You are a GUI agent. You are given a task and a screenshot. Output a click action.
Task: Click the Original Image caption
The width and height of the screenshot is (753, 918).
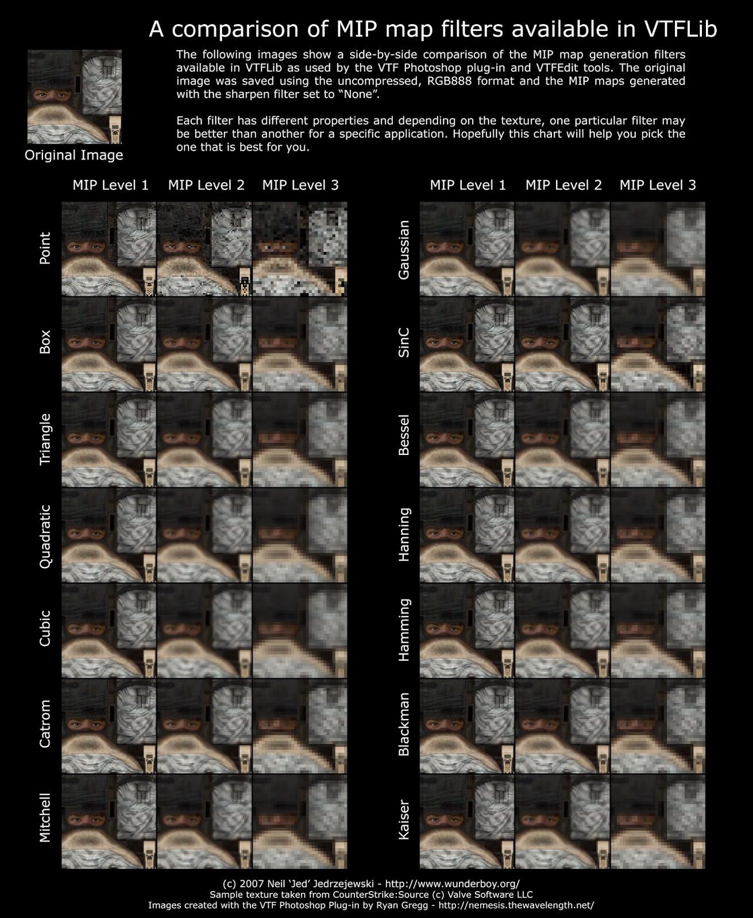pyautogui.click(x=74, y=155)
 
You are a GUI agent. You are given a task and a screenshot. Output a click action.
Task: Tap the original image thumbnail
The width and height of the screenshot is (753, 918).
pyautogui.click(x=75, y=96)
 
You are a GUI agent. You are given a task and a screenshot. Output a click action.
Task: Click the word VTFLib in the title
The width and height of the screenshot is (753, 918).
pyautogui.click(x=681, y=29)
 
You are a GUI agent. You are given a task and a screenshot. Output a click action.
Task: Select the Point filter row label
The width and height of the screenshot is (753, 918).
pyautogui.click(x=45, y=248)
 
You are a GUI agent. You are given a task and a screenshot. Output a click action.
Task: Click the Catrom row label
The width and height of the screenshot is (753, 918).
pyautogui.click(x=45, y=724)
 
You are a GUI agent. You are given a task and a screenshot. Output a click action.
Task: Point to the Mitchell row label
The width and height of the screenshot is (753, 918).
pyautogui.click(x=45, y=818)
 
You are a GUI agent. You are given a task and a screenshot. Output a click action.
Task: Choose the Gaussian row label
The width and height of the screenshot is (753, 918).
pyautogui.click(x=404, y=250)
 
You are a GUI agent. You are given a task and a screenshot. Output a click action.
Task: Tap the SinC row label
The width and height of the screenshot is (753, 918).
pyautogui.click(x=404, y=343)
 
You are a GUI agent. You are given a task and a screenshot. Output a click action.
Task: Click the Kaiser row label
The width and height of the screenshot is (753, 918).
pyautogui.click(x=404, y=820)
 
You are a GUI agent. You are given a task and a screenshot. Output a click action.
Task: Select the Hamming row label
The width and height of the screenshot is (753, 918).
pyautogui.click(x=404, y=630)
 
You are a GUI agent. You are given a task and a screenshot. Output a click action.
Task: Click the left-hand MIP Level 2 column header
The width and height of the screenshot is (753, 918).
pyautogui.click(x=206, y=185)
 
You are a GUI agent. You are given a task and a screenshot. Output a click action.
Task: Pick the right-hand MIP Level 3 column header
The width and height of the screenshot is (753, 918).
pyautogui.click(x=658, y=185)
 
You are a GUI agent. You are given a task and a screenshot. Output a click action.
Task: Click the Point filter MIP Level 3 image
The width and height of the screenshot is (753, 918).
pyautogui.click(x=300, y=249)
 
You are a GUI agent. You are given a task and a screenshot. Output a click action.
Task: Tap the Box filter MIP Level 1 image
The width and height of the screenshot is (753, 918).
pyautogui.click(x=109, y=344)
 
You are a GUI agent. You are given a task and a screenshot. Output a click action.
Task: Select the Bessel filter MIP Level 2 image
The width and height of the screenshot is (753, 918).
pyautogui.click(x=562, y=439)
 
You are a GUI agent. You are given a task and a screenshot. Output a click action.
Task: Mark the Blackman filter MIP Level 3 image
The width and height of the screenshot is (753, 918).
pyautogui.click(x=658, y=726)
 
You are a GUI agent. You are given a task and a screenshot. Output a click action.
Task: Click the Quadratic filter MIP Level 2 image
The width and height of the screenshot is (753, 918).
pyautogui.click(x=204, y=535)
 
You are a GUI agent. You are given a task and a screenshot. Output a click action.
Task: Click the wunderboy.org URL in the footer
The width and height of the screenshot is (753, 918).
pyautogui.click(x=453, y=884)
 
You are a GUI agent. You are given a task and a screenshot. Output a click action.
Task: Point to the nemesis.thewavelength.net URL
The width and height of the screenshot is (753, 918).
pyautogui.click(x=516, y=905)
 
